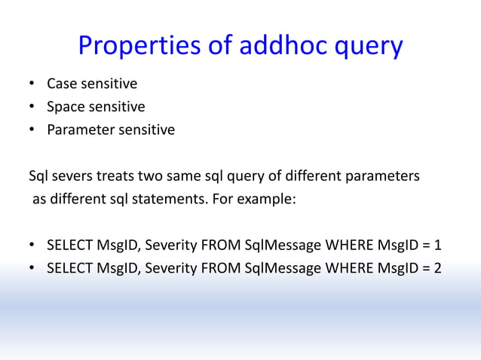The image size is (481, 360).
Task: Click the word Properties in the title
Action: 140,47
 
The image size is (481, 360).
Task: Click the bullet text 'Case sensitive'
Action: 92,83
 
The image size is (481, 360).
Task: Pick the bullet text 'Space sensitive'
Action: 96,106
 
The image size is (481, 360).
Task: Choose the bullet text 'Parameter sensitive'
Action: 110,130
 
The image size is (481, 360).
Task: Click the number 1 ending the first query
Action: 438,246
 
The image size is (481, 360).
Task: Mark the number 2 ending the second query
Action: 438,269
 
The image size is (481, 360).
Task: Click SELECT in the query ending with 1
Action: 69,246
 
